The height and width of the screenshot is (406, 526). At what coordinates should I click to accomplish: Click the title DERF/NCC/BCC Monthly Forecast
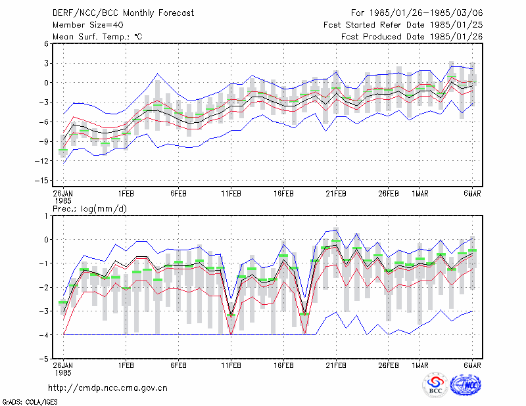click(123, 13)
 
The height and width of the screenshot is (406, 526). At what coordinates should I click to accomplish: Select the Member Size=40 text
click(88, 25)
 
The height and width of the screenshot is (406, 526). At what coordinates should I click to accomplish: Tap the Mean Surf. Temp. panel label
click(97, 37)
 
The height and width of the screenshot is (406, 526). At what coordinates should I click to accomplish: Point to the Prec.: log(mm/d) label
click(89, 209)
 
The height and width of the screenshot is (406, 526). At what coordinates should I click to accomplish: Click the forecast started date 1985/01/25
click(456, 25)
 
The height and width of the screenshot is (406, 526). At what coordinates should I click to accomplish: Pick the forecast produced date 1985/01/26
click(456, 37)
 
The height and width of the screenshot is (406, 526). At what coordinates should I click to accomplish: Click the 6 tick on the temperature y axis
click(46, 44)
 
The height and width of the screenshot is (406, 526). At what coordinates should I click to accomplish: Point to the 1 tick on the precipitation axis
click(46, 216)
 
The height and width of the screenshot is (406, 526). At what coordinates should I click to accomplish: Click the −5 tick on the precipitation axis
click(43, 359)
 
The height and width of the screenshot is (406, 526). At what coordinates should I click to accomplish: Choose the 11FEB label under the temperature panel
click(231, 194)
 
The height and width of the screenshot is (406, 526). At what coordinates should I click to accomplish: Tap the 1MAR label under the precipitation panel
click(420, 365)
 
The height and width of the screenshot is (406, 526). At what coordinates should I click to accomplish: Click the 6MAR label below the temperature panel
click(472, 194)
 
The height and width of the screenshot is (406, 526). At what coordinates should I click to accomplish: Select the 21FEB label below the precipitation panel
click(336, 365)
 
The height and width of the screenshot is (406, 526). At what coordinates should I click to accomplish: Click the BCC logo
click(435, 386)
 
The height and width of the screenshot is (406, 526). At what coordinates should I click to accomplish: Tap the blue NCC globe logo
click(466, 385)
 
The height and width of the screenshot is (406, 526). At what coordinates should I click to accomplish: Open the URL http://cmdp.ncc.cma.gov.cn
click(108, 388)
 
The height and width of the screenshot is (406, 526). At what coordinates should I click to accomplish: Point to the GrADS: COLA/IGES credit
click(30, 402)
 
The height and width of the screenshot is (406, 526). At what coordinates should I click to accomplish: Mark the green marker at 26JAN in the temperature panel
click(63, 150)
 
